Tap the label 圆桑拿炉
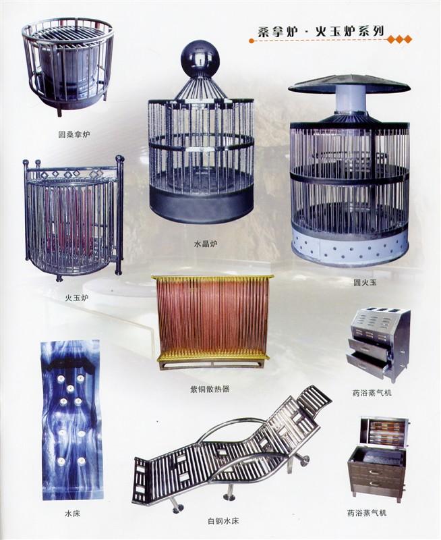click(74, 134)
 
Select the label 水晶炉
click(206, 244)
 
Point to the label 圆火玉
click(365, 282)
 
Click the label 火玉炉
click(76, 298)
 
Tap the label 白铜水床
click(223, 520)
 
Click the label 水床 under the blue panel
click(72, 514)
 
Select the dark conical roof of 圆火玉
click(350, 83)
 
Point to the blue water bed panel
click(71, 419)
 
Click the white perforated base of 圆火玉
click(350, 247)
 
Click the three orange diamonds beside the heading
click(399, 40)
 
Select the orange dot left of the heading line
click(252, 40)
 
